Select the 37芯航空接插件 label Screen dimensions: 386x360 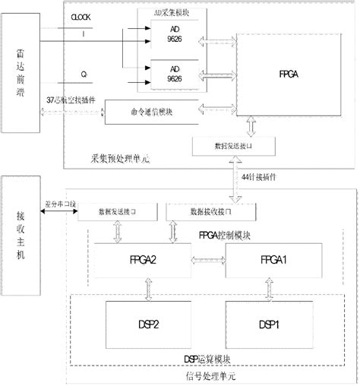pos(72,100)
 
